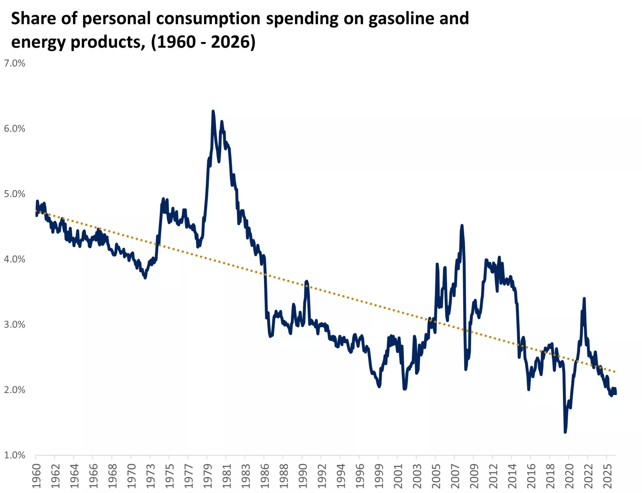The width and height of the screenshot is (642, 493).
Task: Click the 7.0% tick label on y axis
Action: pos(14,63)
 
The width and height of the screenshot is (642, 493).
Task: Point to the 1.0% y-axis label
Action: pos(14,455)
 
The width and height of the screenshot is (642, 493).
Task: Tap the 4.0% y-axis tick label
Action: pos(14,259)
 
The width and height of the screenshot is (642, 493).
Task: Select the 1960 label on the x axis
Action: pos(37,476)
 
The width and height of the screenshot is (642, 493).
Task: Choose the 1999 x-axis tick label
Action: pos(379,476)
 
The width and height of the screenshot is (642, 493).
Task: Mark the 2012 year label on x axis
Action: pos(493,476)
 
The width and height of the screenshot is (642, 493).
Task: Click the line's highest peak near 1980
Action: pos(213,111)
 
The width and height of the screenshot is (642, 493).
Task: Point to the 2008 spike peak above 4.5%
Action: pos(462,226)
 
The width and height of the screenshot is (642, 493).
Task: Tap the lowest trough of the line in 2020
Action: pos(565,432)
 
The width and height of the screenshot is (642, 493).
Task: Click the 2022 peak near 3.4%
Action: pos(584,298)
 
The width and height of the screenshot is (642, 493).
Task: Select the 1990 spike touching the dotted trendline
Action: pos(307,281)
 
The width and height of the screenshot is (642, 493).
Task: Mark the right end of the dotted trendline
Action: pos(615,372)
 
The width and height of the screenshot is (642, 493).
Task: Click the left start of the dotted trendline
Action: pos(36,210)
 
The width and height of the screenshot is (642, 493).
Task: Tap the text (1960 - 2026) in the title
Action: pos(203,42)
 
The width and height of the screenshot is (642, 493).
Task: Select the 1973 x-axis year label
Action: pos(150,476)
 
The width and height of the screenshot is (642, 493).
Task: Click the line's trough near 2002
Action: pos(404,389)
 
